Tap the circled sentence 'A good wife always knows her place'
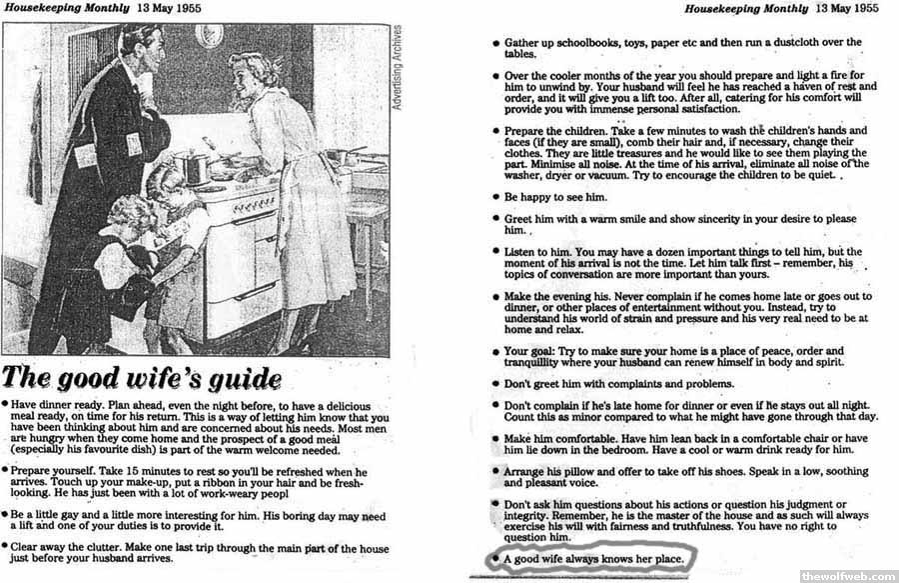tap(597, 558)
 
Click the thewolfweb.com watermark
tap(848, 575)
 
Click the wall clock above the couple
tap(210, 35)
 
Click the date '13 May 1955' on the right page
tap(846, 9)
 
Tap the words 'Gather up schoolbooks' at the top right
tap(568, 43)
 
